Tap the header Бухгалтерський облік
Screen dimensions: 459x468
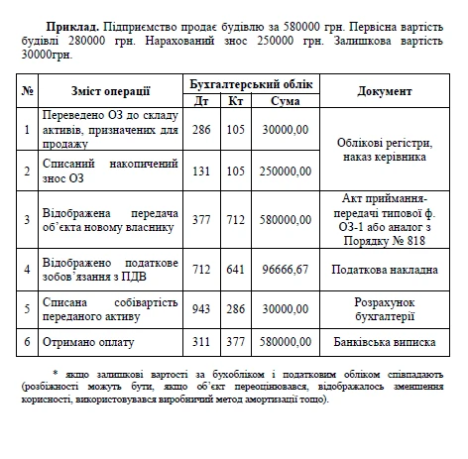click(252, 82)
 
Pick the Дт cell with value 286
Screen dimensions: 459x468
click(201, 130)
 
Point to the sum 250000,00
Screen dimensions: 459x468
click(281, 172)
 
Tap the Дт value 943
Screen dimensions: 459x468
click(201, 306)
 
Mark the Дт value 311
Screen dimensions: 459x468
click(201, 340)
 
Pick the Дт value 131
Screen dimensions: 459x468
click(201, 172)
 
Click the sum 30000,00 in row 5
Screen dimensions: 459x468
click(281, 306)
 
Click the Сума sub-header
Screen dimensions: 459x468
click(281, 100)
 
